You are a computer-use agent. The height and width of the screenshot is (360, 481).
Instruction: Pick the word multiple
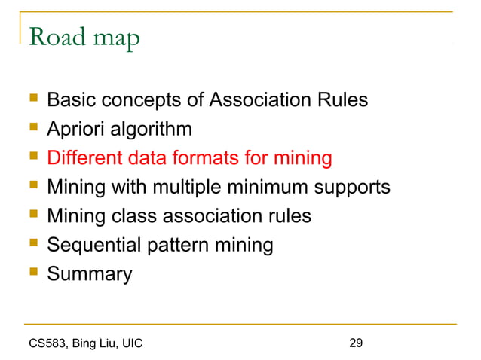(209, 188)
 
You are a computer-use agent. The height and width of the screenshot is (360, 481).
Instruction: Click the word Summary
(89, 274)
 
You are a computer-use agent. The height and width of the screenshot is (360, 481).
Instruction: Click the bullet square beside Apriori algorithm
(32, 130)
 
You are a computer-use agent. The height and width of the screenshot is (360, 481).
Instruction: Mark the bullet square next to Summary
(32, 274)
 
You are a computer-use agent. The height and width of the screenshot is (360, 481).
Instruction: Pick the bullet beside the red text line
(32, 158)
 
